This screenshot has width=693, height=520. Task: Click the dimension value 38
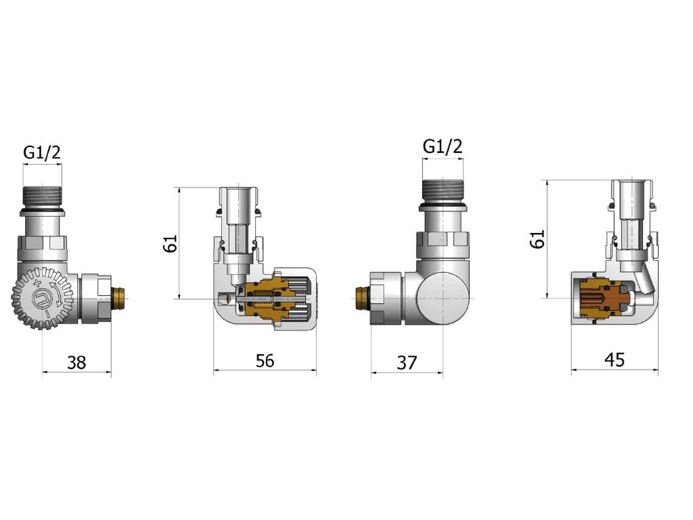[x=76, y=363]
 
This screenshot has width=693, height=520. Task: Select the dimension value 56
[x=265, y=361]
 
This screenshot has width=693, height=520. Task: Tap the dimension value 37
[x=407, y=363]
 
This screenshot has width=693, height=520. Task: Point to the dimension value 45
[x=614, y=360]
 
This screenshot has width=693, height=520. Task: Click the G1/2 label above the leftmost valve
[x=42, y=152]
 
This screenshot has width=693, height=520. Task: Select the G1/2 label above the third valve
[x=443, y=146]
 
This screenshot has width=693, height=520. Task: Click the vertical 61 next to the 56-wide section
[x=170, y=243]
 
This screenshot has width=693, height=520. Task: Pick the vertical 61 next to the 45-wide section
[x=538, y=239]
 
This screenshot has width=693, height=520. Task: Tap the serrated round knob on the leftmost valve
[x=43, y=298]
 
